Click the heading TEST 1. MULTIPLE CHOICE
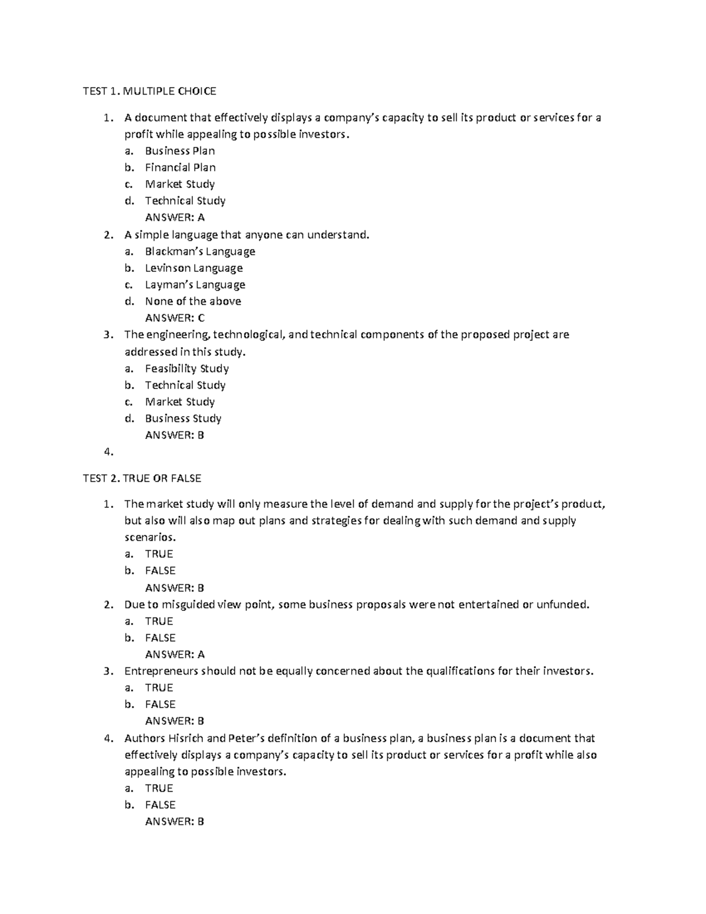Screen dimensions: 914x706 coord(149,91)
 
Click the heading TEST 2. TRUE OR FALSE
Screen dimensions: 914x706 coord(142,478)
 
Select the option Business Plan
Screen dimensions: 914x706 coord(179,151)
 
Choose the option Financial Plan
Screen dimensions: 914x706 coord(180,167)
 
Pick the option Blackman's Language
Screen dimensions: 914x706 coord(200,251)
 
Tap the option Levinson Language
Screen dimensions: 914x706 coord(194,268)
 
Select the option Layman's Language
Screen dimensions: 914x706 coord(195,285)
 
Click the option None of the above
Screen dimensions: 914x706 coord(193,301)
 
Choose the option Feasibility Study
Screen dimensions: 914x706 coord(187,368)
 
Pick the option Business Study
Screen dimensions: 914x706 coord(183,418)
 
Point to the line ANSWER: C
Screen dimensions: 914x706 coord(175,318)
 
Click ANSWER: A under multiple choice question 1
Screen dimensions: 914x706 coord(175,217)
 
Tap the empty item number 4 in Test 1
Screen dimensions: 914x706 coord(107,452)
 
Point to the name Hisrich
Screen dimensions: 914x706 coord(187,738)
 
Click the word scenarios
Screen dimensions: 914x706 coord(149,537)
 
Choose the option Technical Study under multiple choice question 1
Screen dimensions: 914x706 coord(185,201)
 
